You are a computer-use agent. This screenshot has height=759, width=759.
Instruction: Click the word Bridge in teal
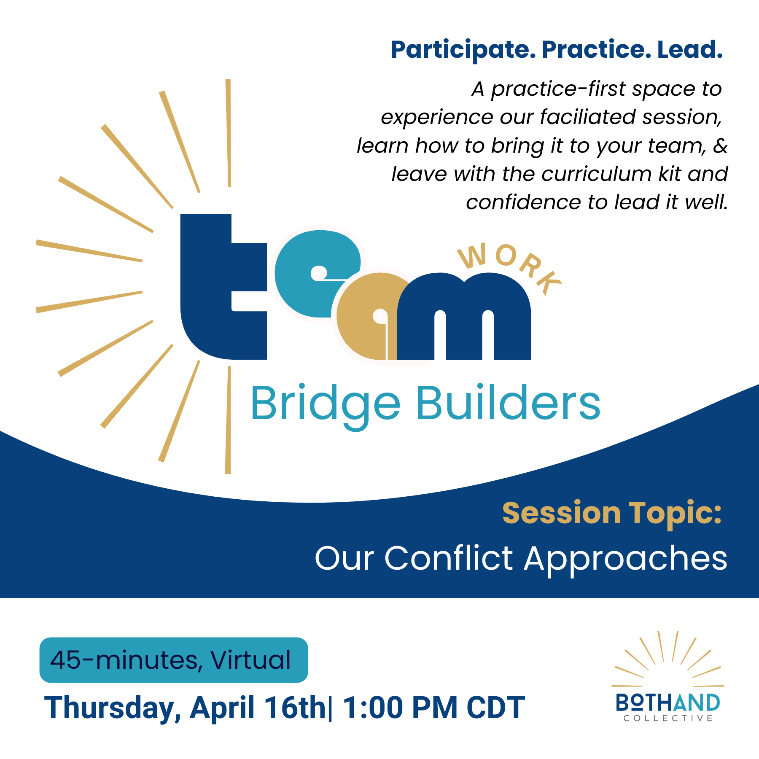tap(325, 404)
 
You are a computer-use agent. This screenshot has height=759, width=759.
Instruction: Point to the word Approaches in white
tap(626, 559)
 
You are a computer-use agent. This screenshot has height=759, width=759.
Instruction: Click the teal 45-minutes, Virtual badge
tap(173, 660)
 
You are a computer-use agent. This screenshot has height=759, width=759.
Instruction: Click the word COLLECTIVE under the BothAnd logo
tap(668, 718)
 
